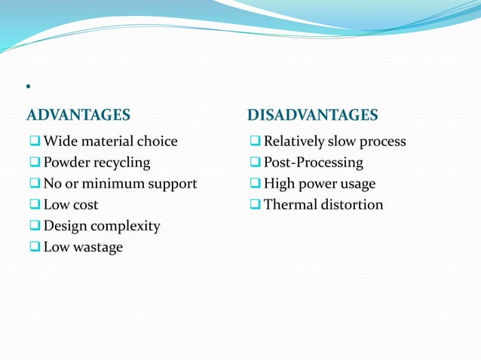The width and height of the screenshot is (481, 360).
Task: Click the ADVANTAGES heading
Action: point(78,115)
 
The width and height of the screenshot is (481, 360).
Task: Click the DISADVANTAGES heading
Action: point(312,115)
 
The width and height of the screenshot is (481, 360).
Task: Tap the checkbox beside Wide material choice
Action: point(35,142)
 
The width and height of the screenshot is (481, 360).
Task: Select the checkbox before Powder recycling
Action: point(35,163)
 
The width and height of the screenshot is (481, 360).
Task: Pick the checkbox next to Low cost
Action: point(35,205)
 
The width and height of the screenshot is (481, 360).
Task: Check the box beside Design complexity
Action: point(35,226)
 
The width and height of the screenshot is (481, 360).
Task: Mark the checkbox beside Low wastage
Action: point(35,247)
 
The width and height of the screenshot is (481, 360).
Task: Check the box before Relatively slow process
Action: point(256,142)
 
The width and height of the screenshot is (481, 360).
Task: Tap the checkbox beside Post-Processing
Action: point(256,163)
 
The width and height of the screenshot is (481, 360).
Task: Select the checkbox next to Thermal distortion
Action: point(256,205)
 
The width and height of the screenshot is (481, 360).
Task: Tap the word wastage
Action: point(98,247)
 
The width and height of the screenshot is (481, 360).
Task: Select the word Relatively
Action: point(294,142)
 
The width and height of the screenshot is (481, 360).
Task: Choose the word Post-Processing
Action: point(313,163)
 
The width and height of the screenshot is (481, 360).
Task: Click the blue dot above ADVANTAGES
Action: point(27,89)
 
